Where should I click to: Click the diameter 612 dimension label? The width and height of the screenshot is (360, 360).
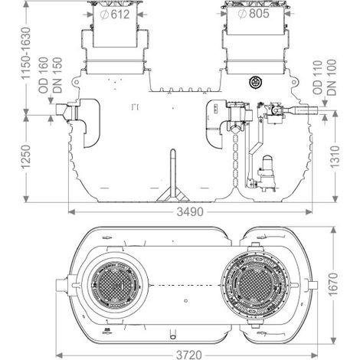coord(116,15)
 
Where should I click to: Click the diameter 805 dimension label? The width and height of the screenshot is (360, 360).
coord(254,14)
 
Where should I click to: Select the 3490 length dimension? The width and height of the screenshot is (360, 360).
coord(190,211)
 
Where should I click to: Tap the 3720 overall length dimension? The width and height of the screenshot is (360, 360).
coord(189,355)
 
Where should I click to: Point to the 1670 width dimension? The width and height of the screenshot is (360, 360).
coord(333,284)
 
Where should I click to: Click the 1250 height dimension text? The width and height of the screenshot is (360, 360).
coord(26,156)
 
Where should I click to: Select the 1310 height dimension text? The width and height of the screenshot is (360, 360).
coord(335,156)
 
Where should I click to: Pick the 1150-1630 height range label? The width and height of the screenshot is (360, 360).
coord(26,54)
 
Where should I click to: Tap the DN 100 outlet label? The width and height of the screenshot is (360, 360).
coord(332,77)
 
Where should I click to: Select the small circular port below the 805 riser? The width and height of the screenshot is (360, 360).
coord(254,82)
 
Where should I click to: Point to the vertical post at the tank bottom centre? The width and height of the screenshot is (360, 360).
coord(173,174)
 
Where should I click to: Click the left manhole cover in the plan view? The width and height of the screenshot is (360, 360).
coord(116,285)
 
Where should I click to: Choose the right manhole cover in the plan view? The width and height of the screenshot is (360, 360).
coord(255,284)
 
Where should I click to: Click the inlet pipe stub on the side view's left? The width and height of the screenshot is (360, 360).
coord(62,111)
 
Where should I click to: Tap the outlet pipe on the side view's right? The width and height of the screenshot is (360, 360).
coord(306,110)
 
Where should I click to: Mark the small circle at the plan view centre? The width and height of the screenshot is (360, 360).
coord(186,301)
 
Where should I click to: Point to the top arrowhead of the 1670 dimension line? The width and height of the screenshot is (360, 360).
coord(333,230)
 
